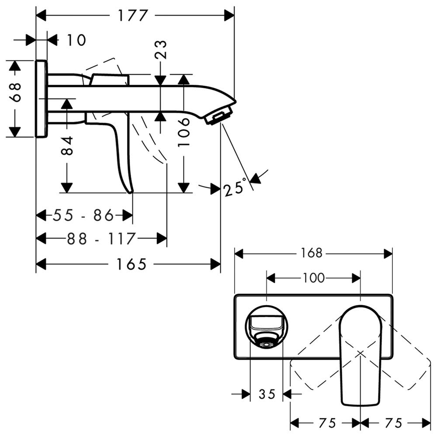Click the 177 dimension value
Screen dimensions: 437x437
tap(132, 16)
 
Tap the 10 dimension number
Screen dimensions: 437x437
tap(76, 40)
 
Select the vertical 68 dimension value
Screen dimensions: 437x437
tap(16, 92)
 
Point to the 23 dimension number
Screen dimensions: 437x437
tap(160, 49)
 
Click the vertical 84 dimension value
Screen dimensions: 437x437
tap(66, 146)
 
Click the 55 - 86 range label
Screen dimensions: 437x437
tap(83, 215)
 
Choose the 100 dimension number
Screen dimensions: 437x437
tap(313, 277)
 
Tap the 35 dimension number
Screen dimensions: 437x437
tap(266, 395)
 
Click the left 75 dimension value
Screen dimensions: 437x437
tap(326, 423)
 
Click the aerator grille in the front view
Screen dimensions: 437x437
tap(266, 343)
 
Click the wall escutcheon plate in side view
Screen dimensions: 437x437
tap(41, 99)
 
